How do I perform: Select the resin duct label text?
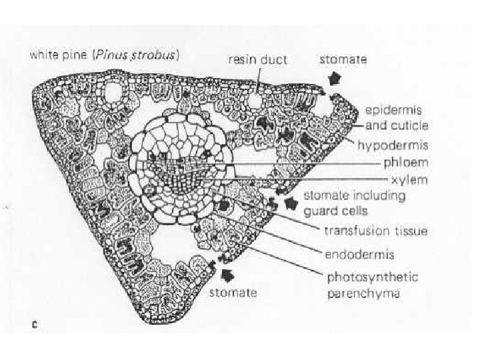258,59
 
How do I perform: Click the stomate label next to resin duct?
343,59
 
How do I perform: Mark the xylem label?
408,180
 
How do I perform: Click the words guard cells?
333,211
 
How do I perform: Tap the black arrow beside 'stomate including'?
292,202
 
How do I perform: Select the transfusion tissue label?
375,231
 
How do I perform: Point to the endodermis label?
359,254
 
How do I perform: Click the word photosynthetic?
371,277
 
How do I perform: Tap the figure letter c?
35,325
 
